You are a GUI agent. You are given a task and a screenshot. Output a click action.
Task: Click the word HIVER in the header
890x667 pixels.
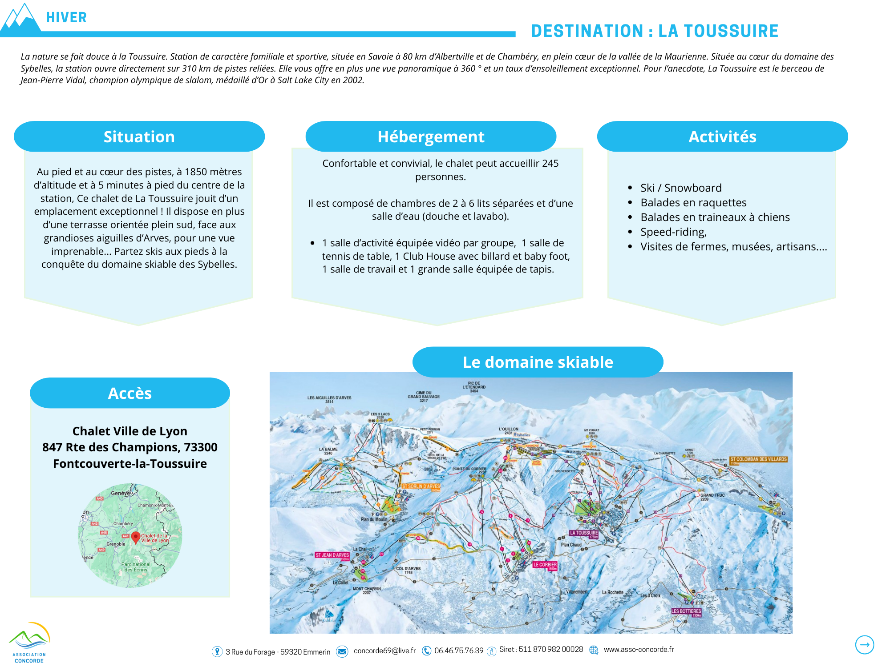(x=66, y=17)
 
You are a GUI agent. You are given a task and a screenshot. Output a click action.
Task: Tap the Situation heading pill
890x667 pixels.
(x=139, y=137)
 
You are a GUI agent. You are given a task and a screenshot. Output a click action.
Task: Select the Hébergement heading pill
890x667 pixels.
(x=431, y=137)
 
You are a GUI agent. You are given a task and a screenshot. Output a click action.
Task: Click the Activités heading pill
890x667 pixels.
(x=722, y=137)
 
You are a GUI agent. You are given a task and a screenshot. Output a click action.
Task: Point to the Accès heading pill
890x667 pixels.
(x=130, y=393)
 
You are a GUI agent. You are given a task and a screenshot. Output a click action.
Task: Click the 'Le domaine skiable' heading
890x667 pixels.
(x=538, y=362)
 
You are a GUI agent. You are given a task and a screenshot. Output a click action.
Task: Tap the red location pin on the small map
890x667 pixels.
(x=136, y=537)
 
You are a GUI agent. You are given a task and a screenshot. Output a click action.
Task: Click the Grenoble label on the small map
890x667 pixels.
(x=116, y=544)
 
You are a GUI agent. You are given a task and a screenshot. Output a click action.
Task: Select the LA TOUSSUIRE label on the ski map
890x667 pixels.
(x=584, y=533)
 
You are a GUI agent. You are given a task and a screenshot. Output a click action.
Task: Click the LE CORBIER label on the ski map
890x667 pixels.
(x=545, y=565)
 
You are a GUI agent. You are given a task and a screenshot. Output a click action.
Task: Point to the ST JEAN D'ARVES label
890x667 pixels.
(x=332, y=555)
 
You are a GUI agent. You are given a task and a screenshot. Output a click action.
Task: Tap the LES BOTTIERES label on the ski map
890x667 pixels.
(x=686, y=611)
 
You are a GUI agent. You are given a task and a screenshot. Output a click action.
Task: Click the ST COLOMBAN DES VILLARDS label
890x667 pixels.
(x=758, y=459)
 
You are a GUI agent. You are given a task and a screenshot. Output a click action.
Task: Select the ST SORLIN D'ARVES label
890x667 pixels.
(x=421, y=486)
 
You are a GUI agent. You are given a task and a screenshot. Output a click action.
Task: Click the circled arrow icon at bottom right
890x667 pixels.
(x=864, y=644)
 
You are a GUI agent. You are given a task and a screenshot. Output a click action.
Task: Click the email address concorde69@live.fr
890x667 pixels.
(x=384, y=651)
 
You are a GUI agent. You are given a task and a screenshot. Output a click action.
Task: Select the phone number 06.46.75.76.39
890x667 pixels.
(x=459, y=651)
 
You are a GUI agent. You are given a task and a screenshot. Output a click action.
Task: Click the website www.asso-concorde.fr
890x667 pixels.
(x=639, y=650)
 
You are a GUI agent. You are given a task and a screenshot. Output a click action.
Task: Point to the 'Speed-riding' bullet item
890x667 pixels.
(x=673, y=232)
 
